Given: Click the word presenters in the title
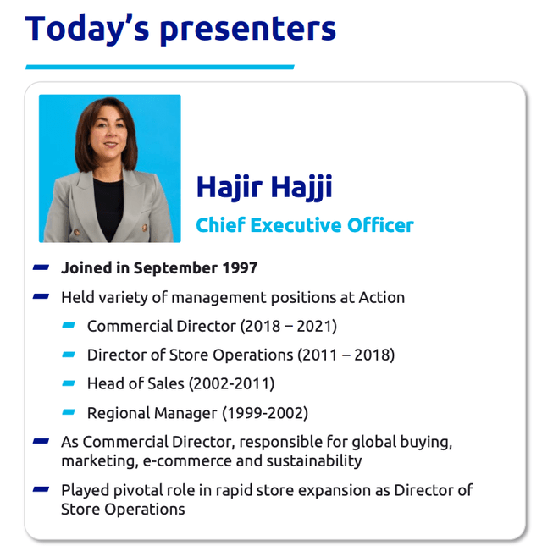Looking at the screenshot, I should pos(247,29).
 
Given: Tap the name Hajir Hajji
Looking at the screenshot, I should pos(263,187).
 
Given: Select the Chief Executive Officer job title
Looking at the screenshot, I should pos(304,225).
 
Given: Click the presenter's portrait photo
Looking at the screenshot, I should pos(110,168).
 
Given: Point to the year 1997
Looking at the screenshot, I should pos(241,268).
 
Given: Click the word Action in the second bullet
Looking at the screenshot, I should pos(382,297).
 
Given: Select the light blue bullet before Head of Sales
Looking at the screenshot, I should pos(69,383).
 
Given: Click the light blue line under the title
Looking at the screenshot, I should pos(160,66).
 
